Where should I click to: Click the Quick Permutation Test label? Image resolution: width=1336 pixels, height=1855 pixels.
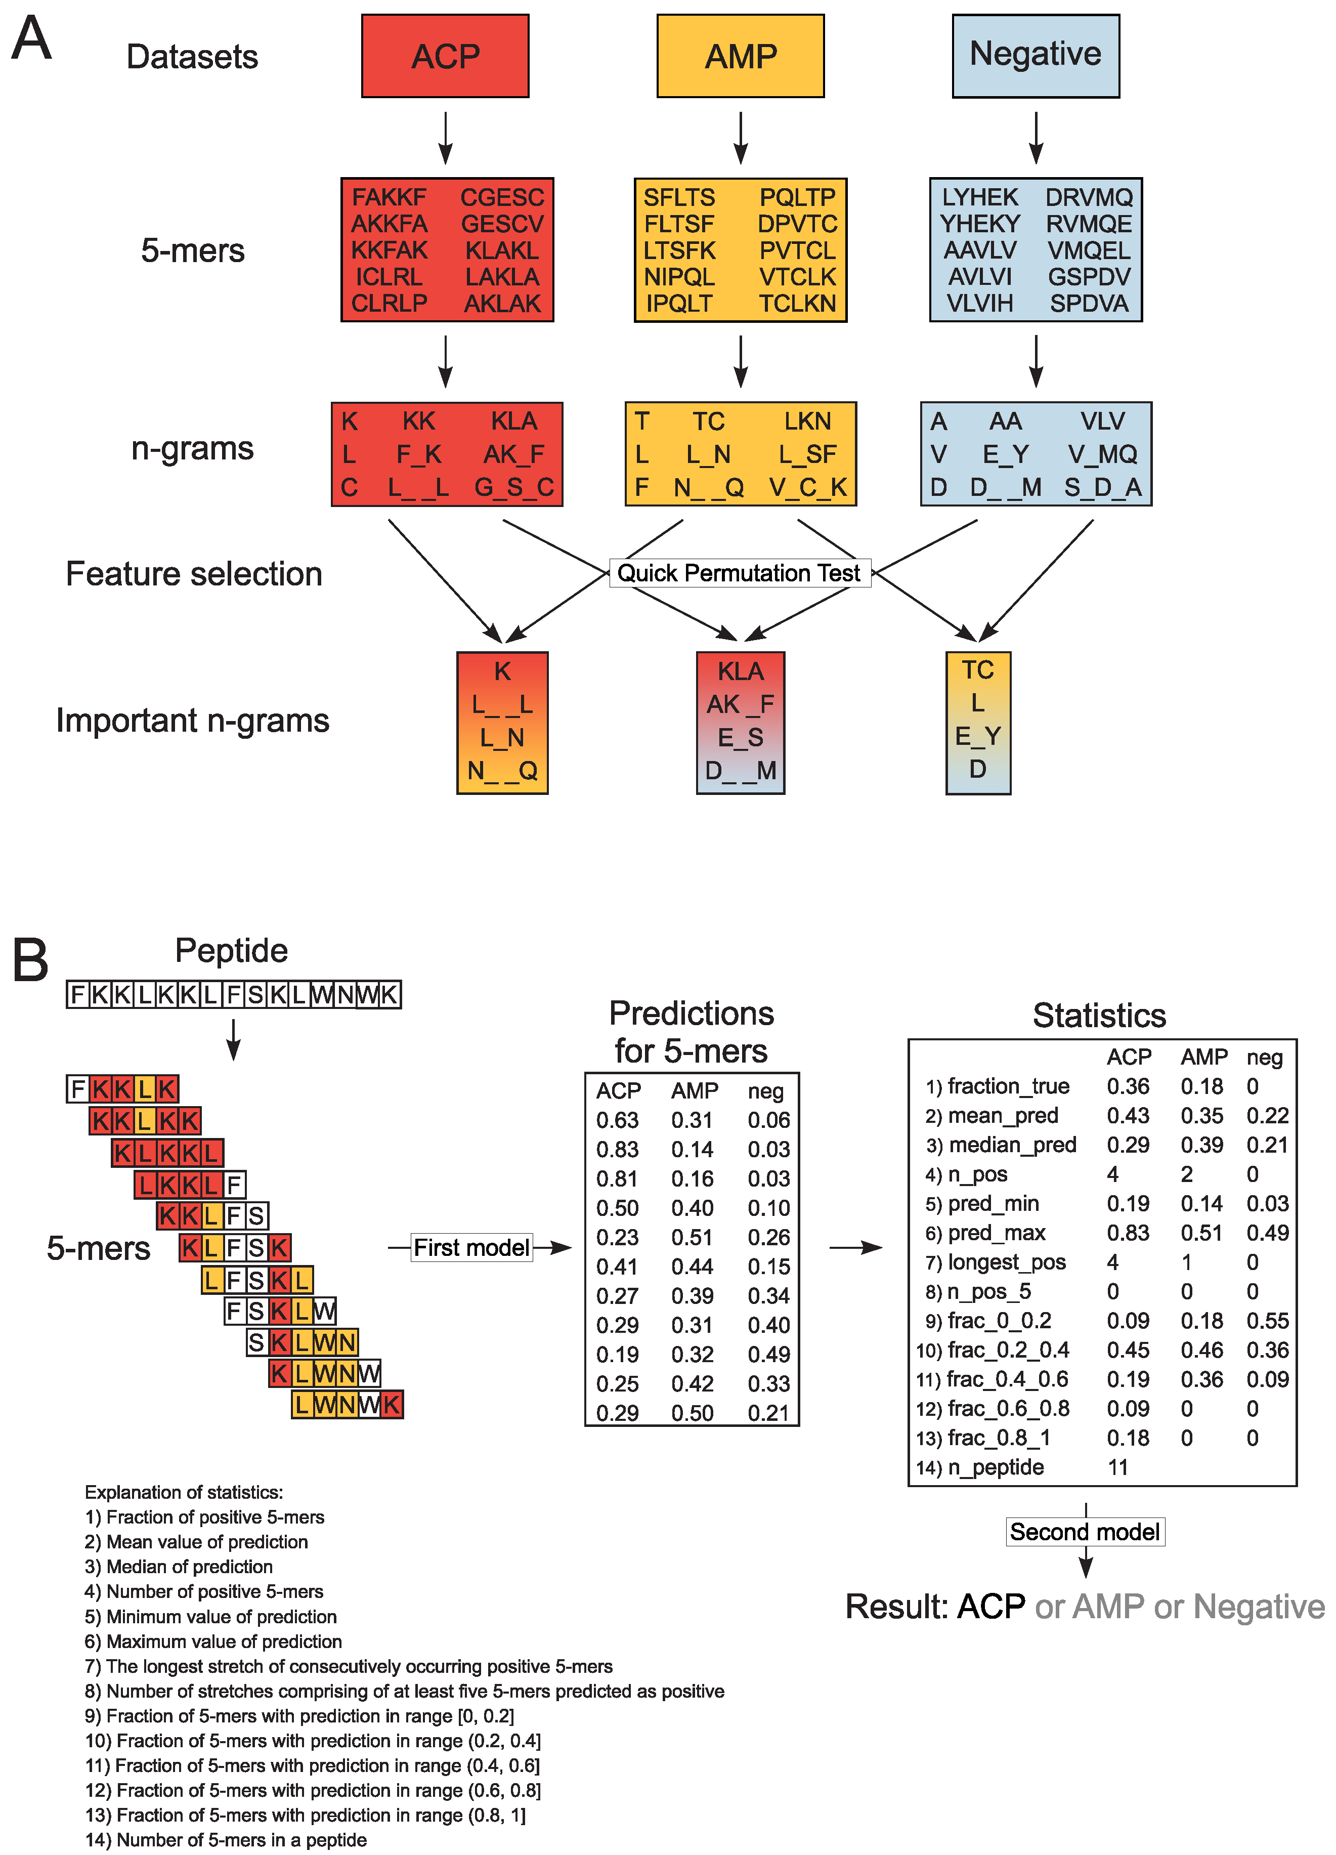point(739,573)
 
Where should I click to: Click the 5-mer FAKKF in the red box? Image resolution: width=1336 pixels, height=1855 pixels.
point(389,197)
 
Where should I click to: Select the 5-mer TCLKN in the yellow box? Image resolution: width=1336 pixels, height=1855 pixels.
point(797,304)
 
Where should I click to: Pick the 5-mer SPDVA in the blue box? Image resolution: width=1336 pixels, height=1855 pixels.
point(1089,304)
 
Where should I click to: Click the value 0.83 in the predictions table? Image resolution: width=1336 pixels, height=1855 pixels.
point(617,1149)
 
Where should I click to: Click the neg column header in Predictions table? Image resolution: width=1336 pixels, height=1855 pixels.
point(765,1091)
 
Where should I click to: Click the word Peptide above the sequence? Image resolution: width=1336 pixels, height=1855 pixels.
point(231,950)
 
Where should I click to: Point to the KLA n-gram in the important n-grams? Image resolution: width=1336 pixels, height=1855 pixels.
point(740,671)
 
